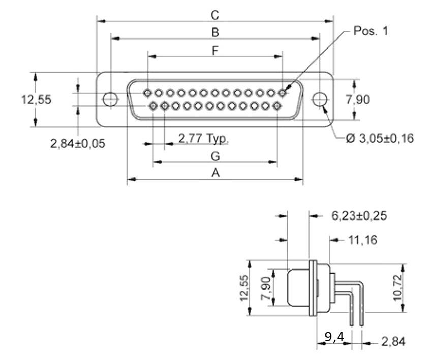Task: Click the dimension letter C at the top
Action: [x=215, y=15]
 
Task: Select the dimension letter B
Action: [x=215, y=32]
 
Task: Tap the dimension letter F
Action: [x=215, y=51]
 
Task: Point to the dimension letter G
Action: [x=215, y=156]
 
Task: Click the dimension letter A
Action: [x=215, y=173]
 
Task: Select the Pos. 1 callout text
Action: [x=371, y=31]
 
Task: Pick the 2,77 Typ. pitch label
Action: [x=203, y=138]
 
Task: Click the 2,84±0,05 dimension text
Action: [x=77, y=143]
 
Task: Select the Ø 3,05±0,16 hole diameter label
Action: [x=380, y=138]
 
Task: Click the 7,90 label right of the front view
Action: [x=358, y=100]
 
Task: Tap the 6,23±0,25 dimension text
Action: [x=359, y=216]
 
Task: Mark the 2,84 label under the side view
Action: [x=393, y=342]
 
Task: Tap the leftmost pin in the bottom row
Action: [x=153, y=106]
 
